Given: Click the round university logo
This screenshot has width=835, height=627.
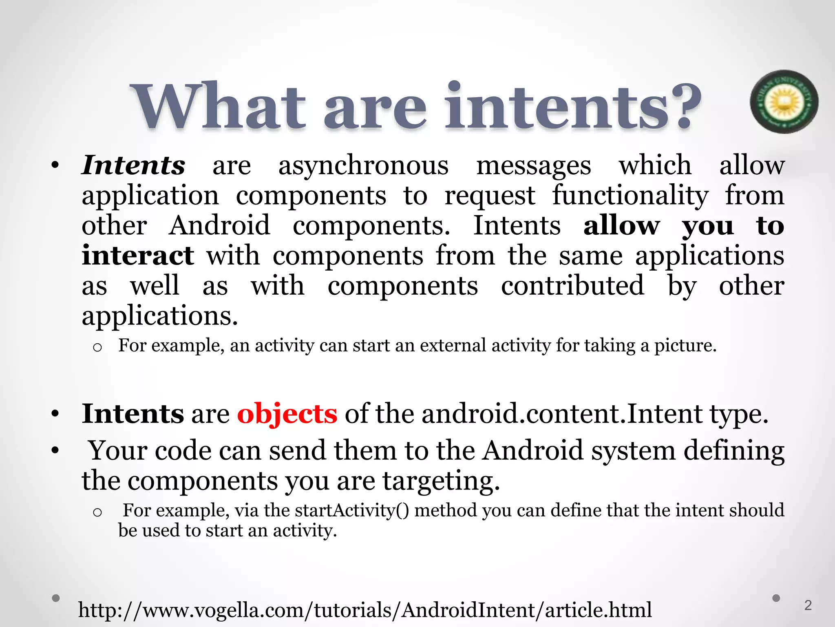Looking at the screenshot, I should point(784,102).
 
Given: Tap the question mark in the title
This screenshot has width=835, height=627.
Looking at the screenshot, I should point(682,105).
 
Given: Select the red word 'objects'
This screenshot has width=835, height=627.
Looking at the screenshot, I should point(287,414).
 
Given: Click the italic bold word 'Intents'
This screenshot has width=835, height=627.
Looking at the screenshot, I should point(133,165).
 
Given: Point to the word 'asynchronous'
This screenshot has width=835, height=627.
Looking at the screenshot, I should point(363,166).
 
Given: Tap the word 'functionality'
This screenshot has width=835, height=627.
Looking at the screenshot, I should point(630,196).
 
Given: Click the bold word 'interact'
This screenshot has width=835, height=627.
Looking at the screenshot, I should point(138,256).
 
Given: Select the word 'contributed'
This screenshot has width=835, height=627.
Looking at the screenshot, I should point(572,285).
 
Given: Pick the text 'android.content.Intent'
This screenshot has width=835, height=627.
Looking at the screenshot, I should point(562,414).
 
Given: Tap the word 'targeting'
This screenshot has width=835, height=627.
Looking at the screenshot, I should point(440,481).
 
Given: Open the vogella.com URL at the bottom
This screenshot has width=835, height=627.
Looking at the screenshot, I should point(365,610).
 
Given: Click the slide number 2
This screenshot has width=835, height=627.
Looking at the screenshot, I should point(808,605).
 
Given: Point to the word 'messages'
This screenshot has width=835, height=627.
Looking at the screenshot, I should point(533,166).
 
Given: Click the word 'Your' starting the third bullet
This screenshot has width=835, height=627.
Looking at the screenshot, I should point(118,451).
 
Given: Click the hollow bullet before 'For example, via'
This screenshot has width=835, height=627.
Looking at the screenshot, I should point(97,512).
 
